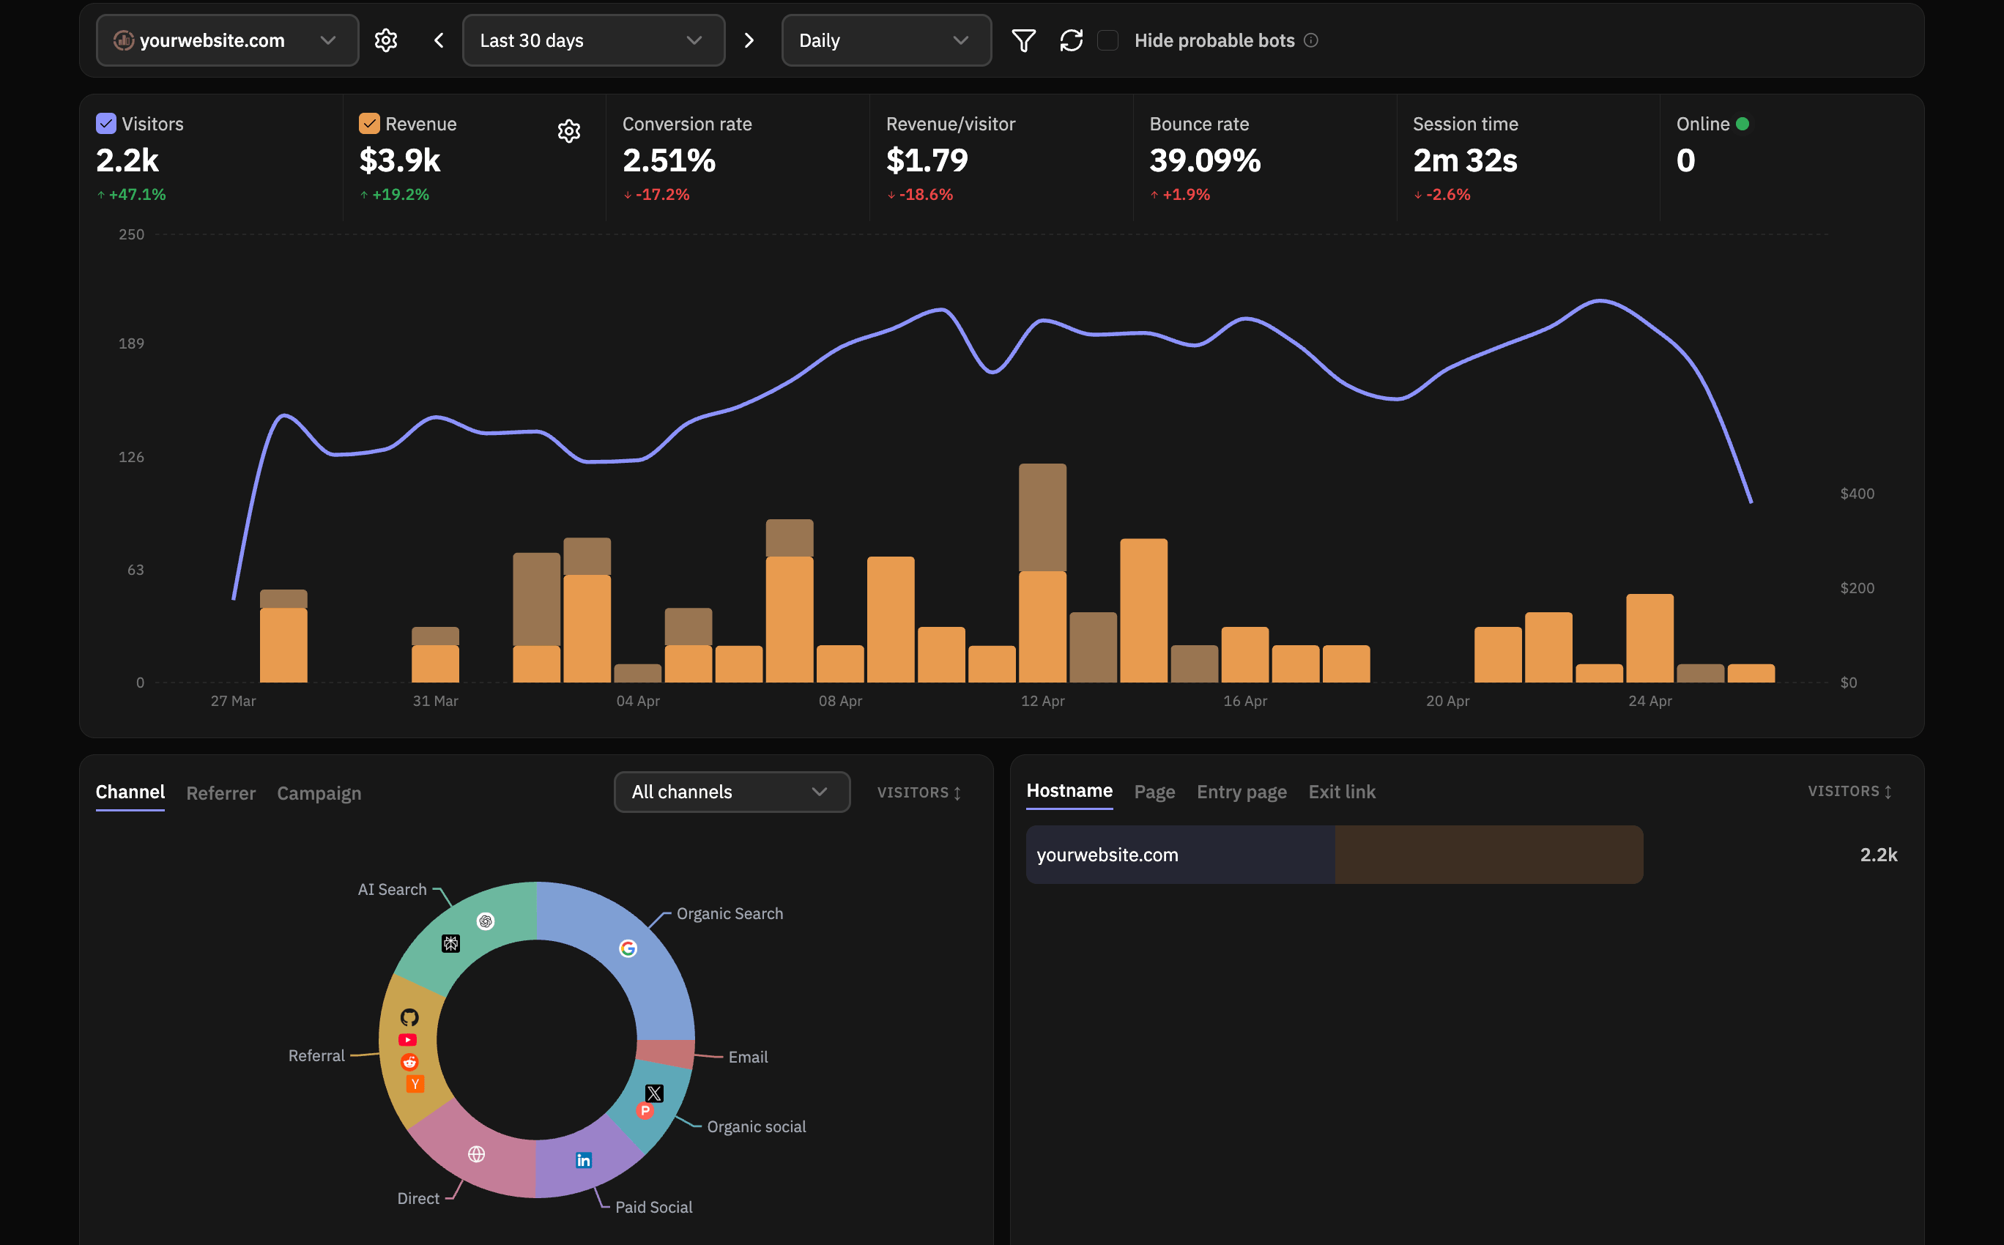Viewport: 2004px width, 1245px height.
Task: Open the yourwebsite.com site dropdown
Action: pyautogui.click(x=226, y=40)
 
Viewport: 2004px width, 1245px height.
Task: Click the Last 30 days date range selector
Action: pyautogui.click(x=592, y=40)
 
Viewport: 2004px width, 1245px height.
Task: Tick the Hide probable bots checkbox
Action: pyautogui.click(x=1107, y=40)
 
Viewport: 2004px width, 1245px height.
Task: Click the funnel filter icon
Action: pyautogui.click(x=1023, y=40)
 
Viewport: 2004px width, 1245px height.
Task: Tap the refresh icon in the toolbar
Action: pyautogui.click(x=1070, y=40)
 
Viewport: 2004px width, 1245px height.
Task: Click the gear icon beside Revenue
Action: pyautogui.click(x=568, y=131)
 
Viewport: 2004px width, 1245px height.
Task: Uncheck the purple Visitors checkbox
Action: pyautogui.click(x=106, y=124)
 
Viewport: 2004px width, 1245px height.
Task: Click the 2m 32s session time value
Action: pyautogui.click(x=1464, y=160)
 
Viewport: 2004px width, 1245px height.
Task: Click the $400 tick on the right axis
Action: pyautogui.click(x=1856, y=493)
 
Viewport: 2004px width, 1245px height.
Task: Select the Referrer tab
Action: pyautogui.click(x=220, y=793)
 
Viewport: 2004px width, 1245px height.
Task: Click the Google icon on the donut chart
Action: pyautogui.click(x=628, y=948)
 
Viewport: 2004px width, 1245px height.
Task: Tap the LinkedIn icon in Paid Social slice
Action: pyautogui.click(x=583, y=1160)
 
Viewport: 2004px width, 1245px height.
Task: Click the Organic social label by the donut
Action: pyautogui.click(x=755, y=1126)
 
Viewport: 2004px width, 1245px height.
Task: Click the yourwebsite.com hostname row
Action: pyautogui.click(x=1334, y=855)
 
